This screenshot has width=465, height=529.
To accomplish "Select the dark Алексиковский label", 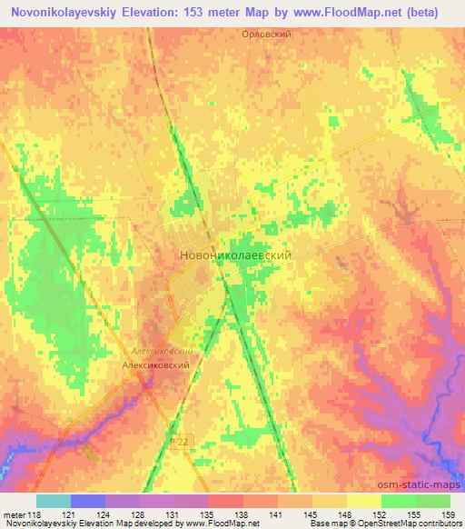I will click(x=155, y=364).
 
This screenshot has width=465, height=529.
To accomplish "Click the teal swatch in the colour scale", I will click(x=54, y=501).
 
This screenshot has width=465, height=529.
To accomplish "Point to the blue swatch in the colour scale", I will click(x=88, y=501).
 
